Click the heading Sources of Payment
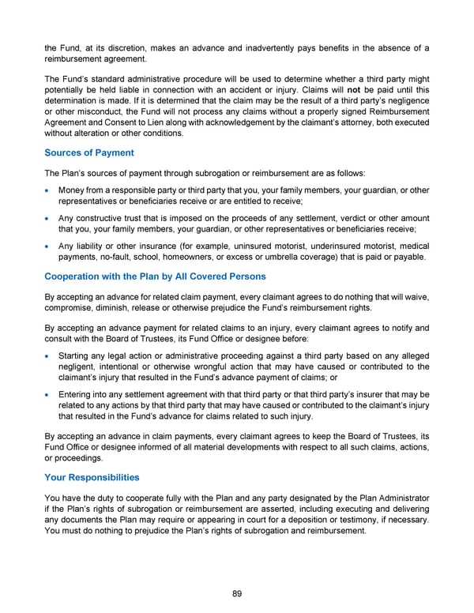(x=88, y=152)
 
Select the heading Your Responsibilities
(x=92, y=477)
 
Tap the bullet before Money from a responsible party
(x=49, y=191)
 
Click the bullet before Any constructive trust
(x=49, y=219)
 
